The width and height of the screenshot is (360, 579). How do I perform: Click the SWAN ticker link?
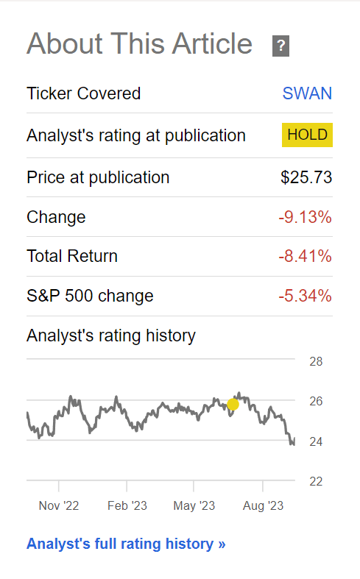[x=307, y=93]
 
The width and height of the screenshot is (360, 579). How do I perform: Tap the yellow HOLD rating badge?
[x=307, y=135]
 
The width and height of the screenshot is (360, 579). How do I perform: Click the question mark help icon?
[x=280, y=46]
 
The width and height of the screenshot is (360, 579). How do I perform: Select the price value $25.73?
[x=306, y=177]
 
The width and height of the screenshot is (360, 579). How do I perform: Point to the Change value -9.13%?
[x=305, y=217]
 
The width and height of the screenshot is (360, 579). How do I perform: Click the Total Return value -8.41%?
[x=305, y=256]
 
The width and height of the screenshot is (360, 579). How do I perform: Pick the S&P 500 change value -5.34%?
[x=305, y=296]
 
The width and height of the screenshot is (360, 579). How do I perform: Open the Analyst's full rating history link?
[x=126, y=544]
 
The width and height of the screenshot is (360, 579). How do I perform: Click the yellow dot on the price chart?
[x=233, y=404]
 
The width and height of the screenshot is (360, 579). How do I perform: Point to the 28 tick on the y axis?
[x=316, y=362]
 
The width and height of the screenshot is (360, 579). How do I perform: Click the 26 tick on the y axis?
[x=316, y=402]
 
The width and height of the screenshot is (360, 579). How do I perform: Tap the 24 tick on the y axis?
[x=316, y=441]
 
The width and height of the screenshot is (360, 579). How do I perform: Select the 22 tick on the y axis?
[x=316, y=481]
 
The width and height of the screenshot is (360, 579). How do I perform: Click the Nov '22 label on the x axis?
[x=59, y=505]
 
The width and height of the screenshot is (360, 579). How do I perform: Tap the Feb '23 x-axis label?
[x=127, y=505]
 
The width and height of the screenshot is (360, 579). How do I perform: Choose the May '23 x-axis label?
[x=194, y=505]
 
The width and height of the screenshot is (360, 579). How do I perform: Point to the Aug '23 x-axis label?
[x=263, y=505]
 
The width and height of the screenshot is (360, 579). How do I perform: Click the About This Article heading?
[x=140, y=44]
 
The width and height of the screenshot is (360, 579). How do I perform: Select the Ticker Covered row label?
[x=83, y=93]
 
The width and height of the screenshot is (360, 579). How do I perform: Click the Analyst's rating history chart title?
[x=111, y=336]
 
